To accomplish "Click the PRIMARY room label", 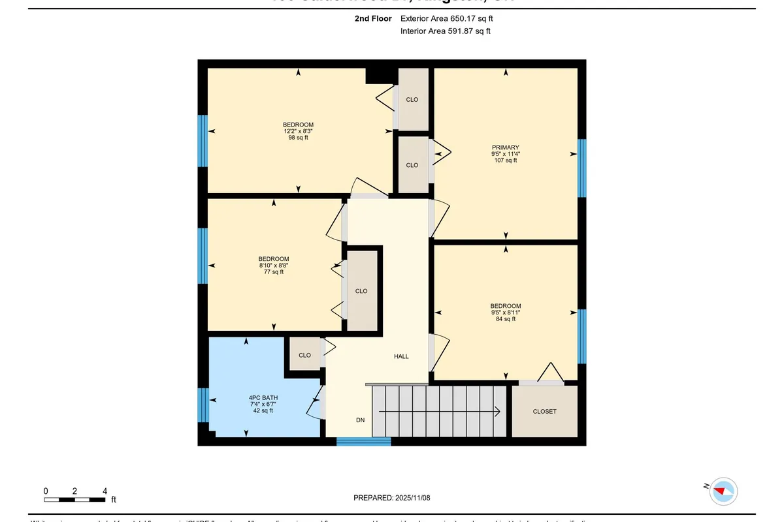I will click(x=505, y=147).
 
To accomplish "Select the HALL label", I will click(x=401, y=356).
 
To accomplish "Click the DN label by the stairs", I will click(x=360, y=420).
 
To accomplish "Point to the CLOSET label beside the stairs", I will click(x=544, y=412).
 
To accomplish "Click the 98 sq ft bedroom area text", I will click(x=298, y=138).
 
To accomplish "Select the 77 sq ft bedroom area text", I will click(x=273, y=272).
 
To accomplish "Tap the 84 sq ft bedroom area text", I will click(x=505, y=319).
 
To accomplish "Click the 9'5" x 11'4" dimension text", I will click(x=505, y=154).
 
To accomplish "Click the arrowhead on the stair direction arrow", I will click(x=497, y=412).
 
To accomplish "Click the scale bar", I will click(x=74, y=500).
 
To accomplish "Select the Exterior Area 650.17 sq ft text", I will click(x=446, y=19).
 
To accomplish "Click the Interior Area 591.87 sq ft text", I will click(x=445, y=31).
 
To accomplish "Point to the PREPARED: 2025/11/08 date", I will click(x=392, y=498).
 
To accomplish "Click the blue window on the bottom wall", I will click(x=363, y=442).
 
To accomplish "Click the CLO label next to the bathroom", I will click(x=304, y=355).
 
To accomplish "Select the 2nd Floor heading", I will click(x=373, y=19).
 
